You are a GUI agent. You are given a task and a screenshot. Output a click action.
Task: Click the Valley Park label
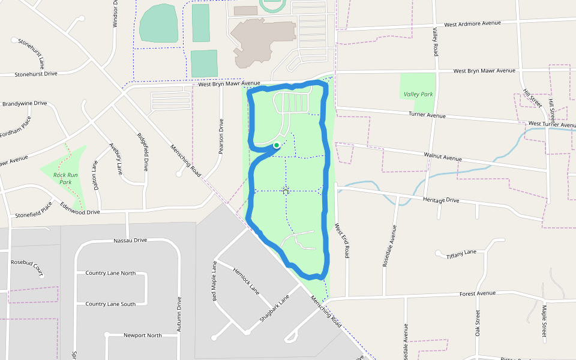pyautogui.click(x=418, y=94)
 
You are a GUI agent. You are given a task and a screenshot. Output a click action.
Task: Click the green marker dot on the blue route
pyautogui.click(x=276, y=145)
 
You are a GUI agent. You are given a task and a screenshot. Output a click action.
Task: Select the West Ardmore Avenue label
pyautogui.click(x=472, y=24)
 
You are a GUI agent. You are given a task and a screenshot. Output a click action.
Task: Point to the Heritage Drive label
pyautogui.click(x=440, y=200)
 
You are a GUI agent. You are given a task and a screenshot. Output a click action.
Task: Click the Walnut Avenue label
pyautogui.click(x=443, y=157)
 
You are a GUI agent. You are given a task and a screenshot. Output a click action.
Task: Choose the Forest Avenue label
pyautogui.click(x=478, y=293)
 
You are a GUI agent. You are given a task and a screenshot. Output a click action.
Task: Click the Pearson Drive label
pyautogui.click(x=221, y=136)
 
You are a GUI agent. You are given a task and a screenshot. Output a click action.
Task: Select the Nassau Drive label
pyautogui.click(x=130, y=241)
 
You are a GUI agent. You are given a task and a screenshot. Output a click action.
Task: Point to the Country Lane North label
pyautogui.click(x=110, y=273)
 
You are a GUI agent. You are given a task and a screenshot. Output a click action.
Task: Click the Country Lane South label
pyautogui.click(x=110, y=304)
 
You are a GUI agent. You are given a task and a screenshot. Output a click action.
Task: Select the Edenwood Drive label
pyautogui.click(x=80, y=209)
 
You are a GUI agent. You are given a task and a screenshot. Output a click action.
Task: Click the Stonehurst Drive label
pyautogui.click(x=36, y=74)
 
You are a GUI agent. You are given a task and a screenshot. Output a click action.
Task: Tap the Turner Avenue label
pyautogui.click(x=427, y=115)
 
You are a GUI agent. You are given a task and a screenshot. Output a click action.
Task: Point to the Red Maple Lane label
pyautogui.click(x=214, y=281)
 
